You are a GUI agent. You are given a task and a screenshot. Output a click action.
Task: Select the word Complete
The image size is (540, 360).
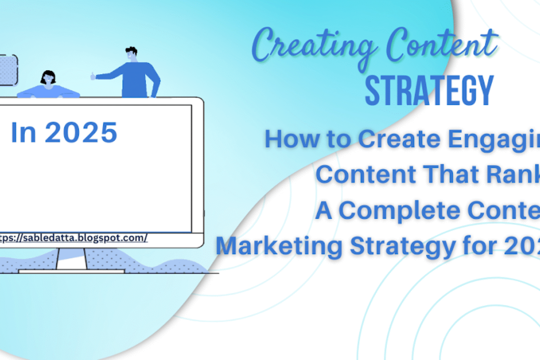pyautogui.click(x=400, y=211)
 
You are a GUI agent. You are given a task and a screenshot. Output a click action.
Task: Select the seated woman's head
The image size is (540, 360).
pyautogui.click(x=48, y=78)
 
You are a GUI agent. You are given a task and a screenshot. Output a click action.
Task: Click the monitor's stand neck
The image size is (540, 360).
pyautogui.click(x=72, y=259)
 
